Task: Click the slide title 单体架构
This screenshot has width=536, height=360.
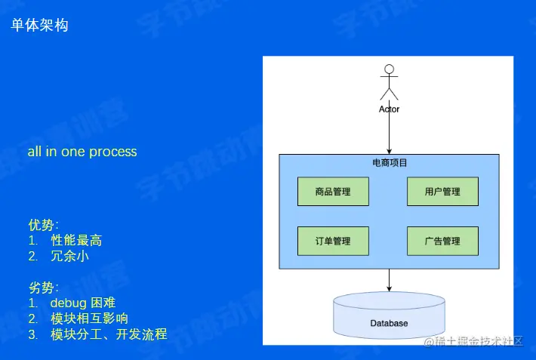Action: (40, 26)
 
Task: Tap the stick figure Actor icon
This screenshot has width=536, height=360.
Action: (389, 82)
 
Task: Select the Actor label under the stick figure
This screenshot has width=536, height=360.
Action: (389, 109)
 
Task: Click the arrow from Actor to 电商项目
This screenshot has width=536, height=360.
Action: (389, 134)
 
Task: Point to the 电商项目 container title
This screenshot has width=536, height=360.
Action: (390, 163)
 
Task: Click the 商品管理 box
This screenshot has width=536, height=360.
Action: (333, 192)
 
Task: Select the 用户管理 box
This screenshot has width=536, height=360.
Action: (442, 192)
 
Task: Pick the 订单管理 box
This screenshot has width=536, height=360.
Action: (333, 242)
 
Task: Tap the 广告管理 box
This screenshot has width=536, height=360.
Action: (442, 242)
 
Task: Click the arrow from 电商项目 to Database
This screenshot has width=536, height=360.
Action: (389, 280)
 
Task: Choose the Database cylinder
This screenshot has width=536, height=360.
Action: (389, 317)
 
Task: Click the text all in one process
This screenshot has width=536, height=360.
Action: (82, 152)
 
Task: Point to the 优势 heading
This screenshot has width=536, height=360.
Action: (43, 225)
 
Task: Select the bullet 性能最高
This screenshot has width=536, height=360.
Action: (76, 241)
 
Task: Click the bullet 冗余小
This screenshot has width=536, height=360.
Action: (69, 257)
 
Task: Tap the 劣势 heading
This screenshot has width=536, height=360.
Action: (43, 288)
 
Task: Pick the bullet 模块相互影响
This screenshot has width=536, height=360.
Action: (89, 318)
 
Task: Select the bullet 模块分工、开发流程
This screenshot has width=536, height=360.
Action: (109, 334)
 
